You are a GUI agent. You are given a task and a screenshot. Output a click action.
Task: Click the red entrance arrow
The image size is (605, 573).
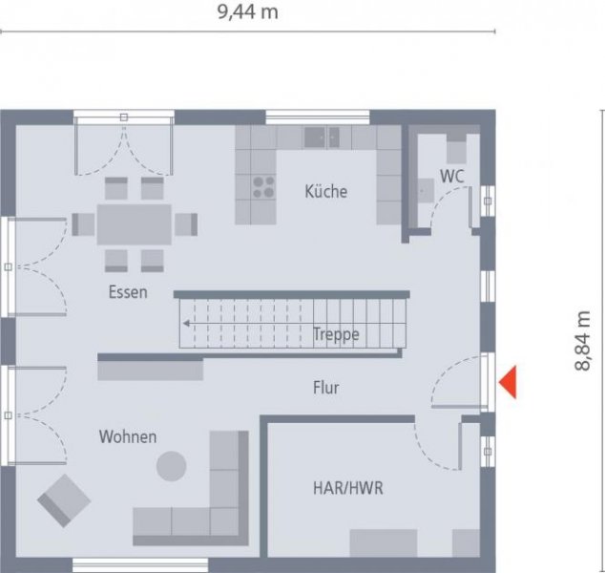[x=509, y=382]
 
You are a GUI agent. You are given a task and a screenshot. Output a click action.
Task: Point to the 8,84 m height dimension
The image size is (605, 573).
[x=582, y=342]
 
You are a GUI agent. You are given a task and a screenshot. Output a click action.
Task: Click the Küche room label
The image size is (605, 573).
[x=326, y=191]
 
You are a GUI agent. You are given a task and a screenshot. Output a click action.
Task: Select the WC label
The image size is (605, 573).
[x=452, y=176]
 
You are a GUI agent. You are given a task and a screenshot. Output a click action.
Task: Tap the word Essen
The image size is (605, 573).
[x=128, y=292]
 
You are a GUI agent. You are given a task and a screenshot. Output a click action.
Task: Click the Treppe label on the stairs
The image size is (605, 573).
[x=336, y=334]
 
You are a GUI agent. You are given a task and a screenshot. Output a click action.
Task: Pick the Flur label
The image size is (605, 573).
[x=325, y=388]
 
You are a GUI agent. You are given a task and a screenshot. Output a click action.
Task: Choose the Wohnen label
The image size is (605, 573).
[x=127, y=436]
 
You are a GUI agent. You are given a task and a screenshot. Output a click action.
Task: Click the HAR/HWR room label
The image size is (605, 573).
[x=348, y=488]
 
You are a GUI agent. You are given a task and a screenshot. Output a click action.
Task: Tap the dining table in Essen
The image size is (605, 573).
[x=134, y=224]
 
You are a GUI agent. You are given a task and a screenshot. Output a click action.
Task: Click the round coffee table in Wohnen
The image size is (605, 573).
[x=172, y=466]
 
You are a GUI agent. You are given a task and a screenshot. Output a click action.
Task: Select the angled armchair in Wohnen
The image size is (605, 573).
[x=64, y=499]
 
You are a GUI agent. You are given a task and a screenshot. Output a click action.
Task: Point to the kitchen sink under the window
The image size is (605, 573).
[x=322, y=137]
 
